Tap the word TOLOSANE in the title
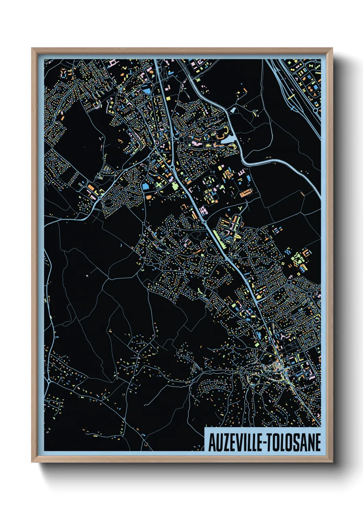click(x=294, y=442)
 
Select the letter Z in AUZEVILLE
click(x=222, y=442)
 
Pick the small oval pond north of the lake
click(x=233, y=110)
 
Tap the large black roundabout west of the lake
click(x=181, y=139)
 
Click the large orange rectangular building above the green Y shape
click(x=246, y=194)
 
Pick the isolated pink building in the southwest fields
click(x=87, y=275)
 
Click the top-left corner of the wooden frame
click(x=32, y=48)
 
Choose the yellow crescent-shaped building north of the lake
click(x=227, y=130)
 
